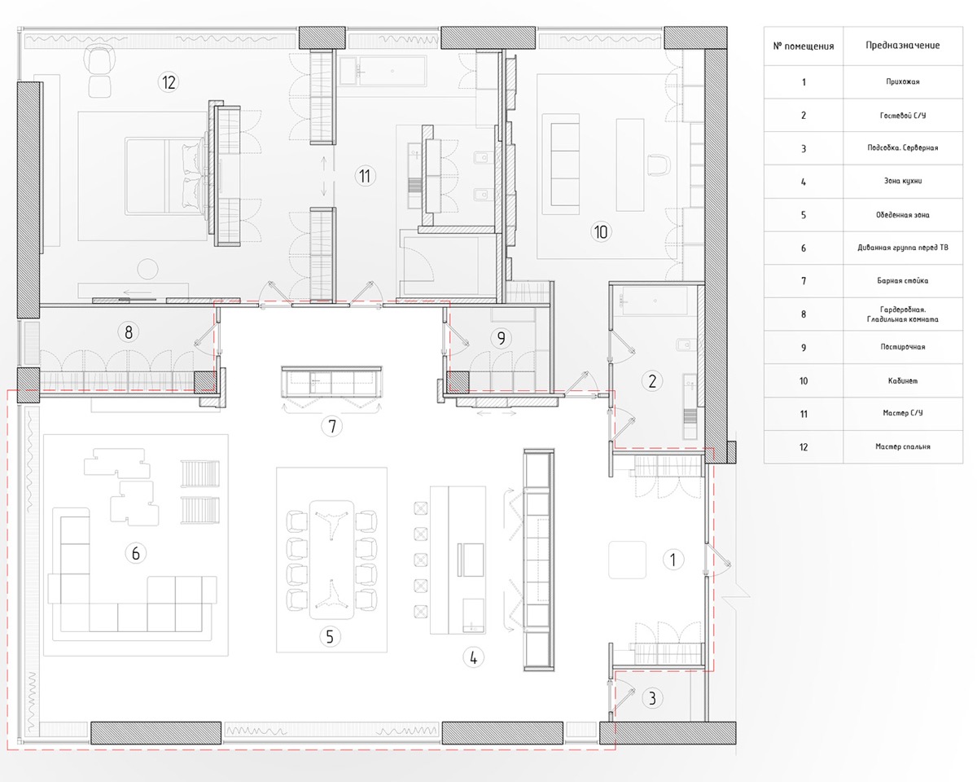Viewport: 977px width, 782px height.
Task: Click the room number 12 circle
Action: (168, 82)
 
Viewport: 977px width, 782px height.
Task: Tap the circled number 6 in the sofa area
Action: (135, 553)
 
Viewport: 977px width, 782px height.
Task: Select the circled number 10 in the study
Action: (601, 231)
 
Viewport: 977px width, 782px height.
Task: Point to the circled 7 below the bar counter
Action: (332, 426)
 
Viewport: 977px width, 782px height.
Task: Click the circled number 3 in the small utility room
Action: (652, 698)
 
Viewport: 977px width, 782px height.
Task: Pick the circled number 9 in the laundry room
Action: (501, 338)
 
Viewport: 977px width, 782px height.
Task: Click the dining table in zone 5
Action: (331, 560)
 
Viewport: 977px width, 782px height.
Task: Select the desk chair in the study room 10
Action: (659, 164)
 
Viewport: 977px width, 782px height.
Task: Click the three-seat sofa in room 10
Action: (561, 164)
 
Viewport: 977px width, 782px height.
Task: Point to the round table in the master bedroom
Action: (147, 269)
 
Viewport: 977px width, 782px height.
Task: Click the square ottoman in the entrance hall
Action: (627, 560)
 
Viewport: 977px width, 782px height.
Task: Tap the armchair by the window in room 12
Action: (100, 61)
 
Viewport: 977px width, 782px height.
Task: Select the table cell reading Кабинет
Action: (903, 380)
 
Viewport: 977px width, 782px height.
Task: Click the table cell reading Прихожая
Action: (903, 81)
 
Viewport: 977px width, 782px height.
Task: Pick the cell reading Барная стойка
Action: (903, 281)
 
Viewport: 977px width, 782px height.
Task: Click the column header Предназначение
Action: (903, 46)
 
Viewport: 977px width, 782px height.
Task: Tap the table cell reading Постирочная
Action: (903, 347)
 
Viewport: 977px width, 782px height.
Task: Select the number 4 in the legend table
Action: (803, 182)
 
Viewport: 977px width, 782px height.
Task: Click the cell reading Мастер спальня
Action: (903, 446)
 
